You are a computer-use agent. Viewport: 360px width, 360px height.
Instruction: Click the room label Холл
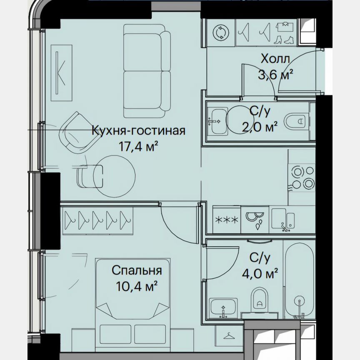pos(275,58)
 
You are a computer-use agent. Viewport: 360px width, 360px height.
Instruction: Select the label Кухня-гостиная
pos(138,131)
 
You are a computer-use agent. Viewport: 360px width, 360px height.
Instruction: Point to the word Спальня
pos(137,271)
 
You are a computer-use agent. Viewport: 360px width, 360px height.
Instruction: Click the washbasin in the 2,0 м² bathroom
pos(218,121)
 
